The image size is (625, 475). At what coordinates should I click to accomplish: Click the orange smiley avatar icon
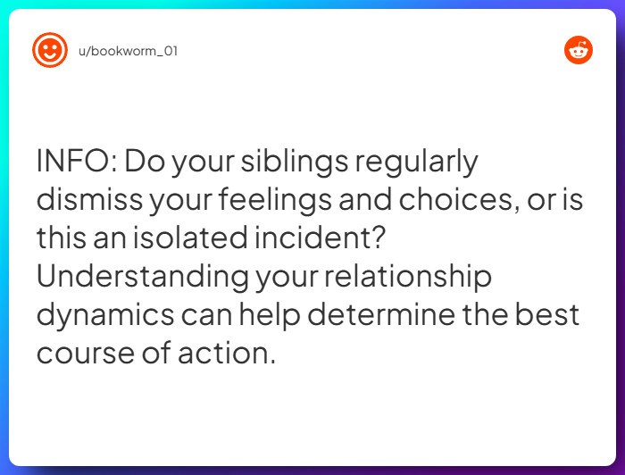50,50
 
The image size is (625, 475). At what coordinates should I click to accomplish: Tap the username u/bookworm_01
129,51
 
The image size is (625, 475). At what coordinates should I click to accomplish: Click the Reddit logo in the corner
579,50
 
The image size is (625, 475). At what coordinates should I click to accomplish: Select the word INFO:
75,162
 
